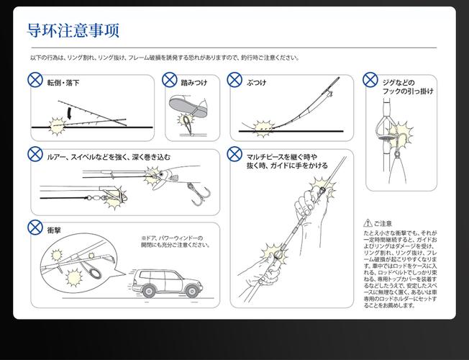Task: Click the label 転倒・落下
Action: (63, 83)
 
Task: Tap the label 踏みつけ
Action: (193, 83)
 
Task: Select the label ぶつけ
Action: (257, 83)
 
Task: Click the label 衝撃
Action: (54, 230)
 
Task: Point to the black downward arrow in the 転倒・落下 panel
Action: (69, 113)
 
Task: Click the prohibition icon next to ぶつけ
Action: (234, 80)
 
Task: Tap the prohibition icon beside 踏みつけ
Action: (172, 80)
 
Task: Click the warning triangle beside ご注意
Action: (368, 223)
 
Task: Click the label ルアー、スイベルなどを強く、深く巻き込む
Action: (108, 156)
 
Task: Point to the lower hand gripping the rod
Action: (260, 274)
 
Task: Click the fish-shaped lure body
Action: (164, 176)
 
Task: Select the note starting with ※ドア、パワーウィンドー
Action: (176, 241)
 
